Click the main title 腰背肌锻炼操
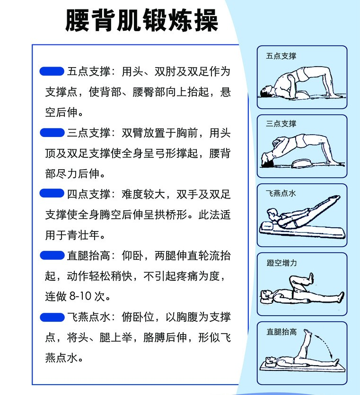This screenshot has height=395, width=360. coord(141,20)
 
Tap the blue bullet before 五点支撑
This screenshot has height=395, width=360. coord(52,71)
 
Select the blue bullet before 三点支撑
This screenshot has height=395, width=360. coord(52,132)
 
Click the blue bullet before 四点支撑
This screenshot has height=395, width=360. coord(52,193)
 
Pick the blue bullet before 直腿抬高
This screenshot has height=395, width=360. coord(52,255)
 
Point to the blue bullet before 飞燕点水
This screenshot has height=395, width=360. coord(52,317)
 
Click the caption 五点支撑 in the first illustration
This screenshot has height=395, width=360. coord(281,56)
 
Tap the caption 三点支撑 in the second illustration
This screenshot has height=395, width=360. coord(281,124)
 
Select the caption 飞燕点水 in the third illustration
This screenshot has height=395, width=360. coord(281,193)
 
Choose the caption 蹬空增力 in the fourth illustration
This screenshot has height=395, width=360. coord(281,263)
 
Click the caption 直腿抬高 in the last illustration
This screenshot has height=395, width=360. coord(281,332)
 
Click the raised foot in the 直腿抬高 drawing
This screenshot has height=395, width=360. coord(307,333)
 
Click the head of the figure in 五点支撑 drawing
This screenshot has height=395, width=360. coord(266,91)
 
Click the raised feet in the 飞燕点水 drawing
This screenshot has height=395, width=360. coord(335,199)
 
